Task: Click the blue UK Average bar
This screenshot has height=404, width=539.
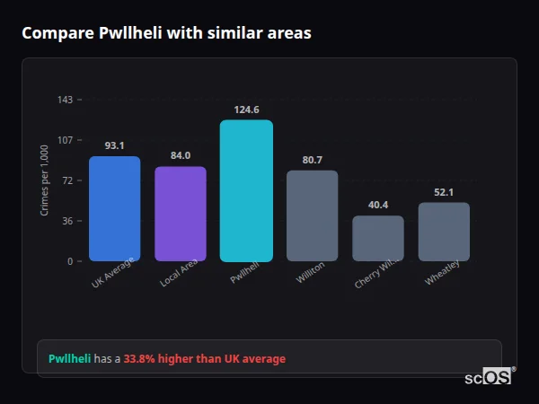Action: point(114,209)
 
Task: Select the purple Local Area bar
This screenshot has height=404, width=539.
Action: point(181,214)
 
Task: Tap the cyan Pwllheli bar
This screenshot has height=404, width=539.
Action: point(246,190)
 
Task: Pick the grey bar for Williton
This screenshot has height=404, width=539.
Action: point(312,215)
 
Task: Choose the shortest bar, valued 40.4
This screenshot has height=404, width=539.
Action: point(378,238)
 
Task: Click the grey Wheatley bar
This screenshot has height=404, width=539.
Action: point(444,232)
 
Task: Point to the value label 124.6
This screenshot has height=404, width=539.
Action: point(246,110)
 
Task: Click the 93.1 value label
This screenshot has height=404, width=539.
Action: point(114,145)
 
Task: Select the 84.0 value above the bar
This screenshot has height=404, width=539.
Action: point(181,155)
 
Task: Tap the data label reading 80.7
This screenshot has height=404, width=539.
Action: point(312,160)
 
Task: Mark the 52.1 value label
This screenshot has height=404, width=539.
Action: point(444,192)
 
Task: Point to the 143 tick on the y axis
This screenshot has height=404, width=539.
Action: point(65,100)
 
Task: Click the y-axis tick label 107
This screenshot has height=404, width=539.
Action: point(65,140)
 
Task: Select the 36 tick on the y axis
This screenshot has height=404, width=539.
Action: point(67,221)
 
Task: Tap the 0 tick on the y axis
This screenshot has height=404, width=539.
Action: point(70,261)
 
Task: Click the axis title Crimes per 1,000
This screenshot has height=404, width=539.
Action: point(45,180)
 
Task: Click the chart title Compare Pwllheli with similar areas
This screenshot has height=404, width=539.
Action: point(166,33)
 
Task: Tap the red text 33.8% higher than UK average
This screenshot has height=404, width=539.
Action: point(205,359)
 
